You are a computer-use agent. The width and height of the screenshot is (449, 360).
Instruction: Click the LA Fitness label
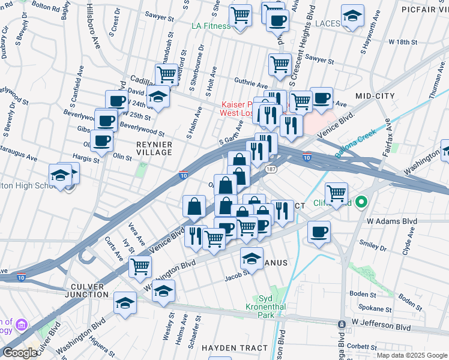click(211, 26)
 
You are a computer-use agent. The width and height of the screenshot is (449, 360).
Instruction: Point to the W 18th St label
click(403, 42)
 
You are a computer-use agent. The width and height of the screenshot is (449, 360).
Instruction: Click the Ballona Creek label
click(355, 143)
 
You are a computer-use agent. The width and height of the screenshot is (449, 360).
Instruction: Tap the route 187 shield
click(271, 170)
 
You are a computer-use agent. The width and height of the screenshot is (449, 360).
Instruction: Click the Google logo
click(20, 353)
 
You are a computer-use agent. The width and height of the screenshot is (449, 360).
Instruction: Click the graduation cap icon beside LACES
click(352, 16)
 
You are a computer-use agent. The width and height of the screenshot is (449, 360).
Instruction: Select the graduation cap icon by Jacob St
click(252, 258)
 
